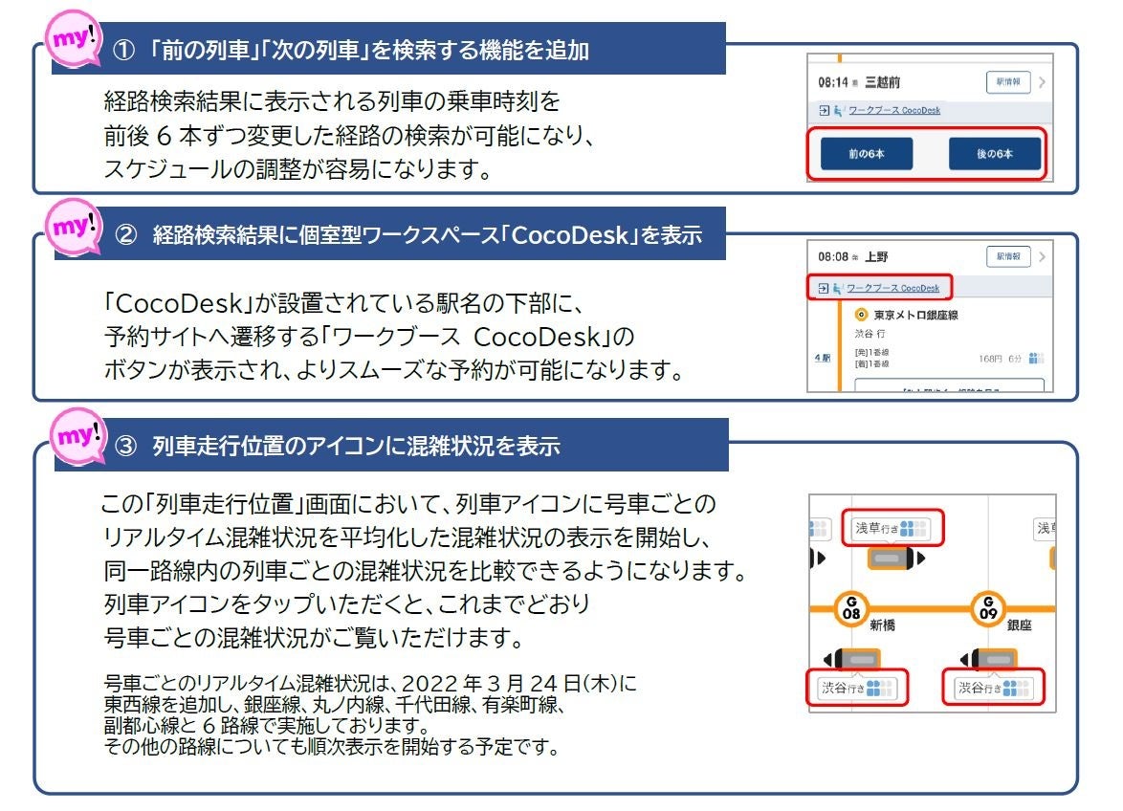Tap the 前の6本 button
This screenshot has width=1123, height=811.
tap(866, 153)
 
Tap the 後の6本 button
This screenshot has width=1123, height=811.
tap(994, 153)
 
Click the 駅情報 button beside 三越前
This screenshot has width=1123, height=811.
tap(1008, 82)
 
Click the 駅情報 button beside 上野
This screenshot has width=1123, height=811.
tap(1008, 257)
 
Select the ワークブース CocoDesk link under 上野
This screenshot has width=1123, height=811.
tap(892, 288)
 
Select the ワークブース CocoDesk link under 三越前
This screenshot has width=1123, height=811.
tap(892, 111)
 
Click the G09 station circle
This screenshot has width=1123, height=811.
tap(987, 608)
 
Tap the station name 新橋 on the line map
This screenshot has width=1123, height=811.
tap(882, 625)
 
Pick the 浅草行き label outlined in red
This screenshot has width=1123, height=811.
tap(892, 527)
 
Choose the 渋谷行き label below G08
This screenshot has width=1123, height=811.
tap(857, 688)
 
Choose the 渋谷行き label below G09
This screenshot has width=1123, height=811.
tap(993, 688)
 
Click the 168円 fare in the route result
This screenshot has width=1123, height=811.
tap(989, 358)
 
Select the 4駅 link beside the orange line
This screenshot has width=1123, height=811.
tap(822, 358)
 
